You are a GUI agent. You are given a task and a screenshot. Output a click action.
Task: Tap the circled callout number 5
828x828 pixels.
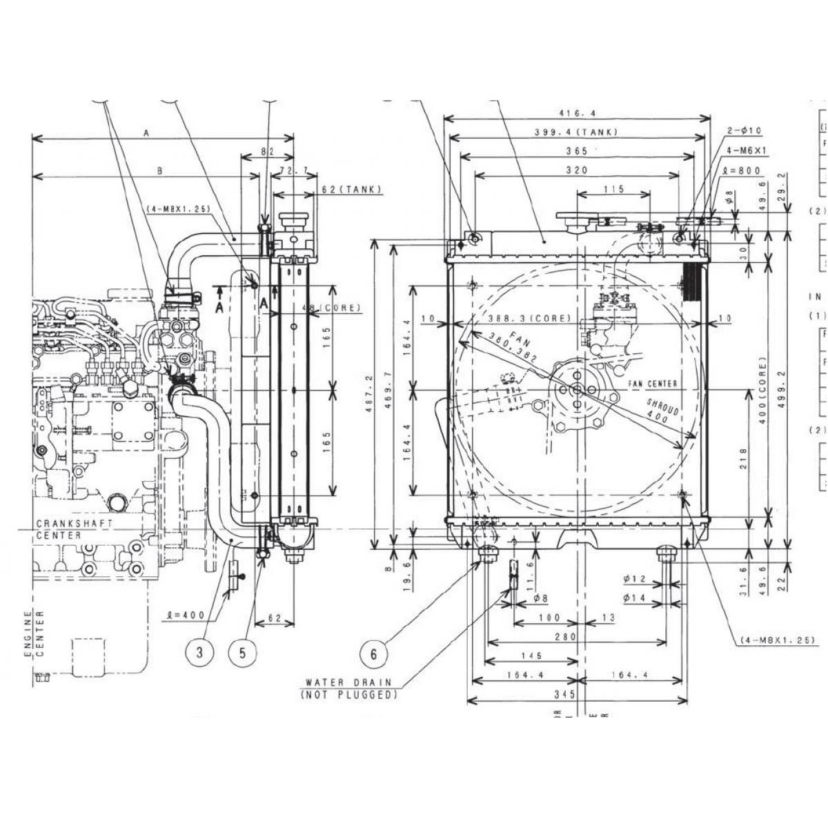click(243, 652)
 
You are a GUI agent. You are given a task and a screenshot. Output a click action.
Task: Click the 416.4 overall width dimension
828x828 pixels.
click(576, 113)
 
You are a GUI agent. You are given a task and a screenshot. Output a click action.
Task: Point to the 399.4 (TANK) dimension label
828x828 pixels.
click(576, 132)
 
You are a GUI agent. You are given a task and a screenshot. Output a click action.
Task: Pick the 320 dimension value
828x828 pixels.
click(576, 169)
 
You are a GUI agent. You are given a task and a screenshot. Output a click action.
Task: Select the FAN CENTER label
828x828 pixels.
click(653, 384)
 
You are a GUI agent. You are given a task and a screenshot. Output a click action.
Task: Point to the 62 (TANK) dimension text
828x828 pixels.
click(351, 189)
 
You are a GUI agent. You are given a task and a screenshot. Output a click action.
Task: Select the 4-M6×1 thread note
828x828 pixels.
click(747, 150)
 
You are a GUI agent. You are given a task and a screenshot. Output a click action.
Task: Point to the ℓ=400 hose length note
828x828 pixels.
click(188, 614)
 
